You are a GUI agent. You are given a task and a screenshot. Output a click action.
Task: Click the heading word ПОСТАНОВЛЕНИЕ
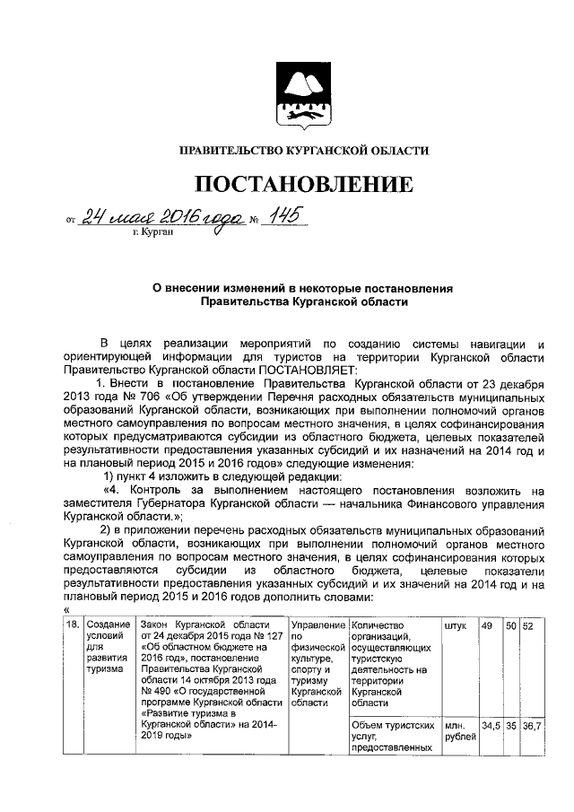305,185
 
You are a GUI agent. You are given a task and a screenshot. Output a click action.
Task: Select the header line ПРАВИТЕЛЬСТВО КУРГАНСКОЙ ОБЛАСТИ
304,151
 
